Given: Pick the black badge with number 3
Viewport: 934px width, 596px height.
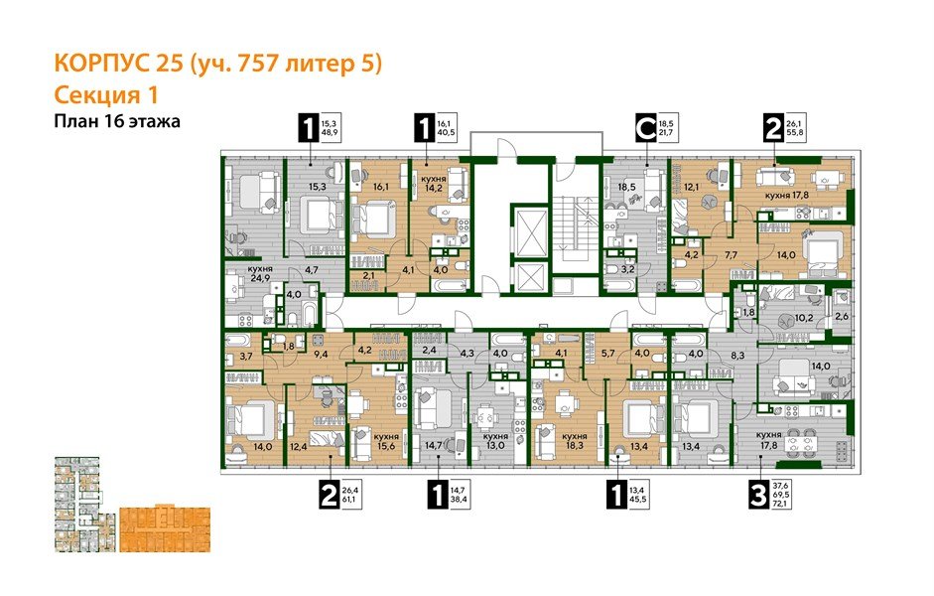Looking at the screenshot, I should [758, 495].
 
